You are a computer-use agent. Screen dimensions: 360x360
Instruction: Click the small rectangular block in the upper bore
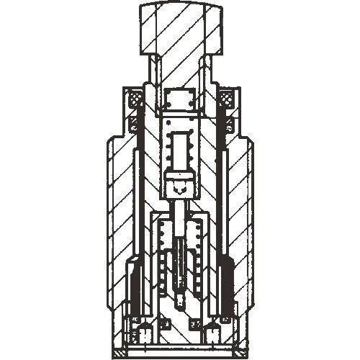(x=180, y=100)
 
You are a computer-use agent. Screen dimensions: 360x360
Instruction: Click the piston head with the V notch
(x=180, y=186)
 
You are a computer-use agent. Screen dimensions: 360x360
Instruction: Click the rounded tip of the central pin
(x=180, y=295)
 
